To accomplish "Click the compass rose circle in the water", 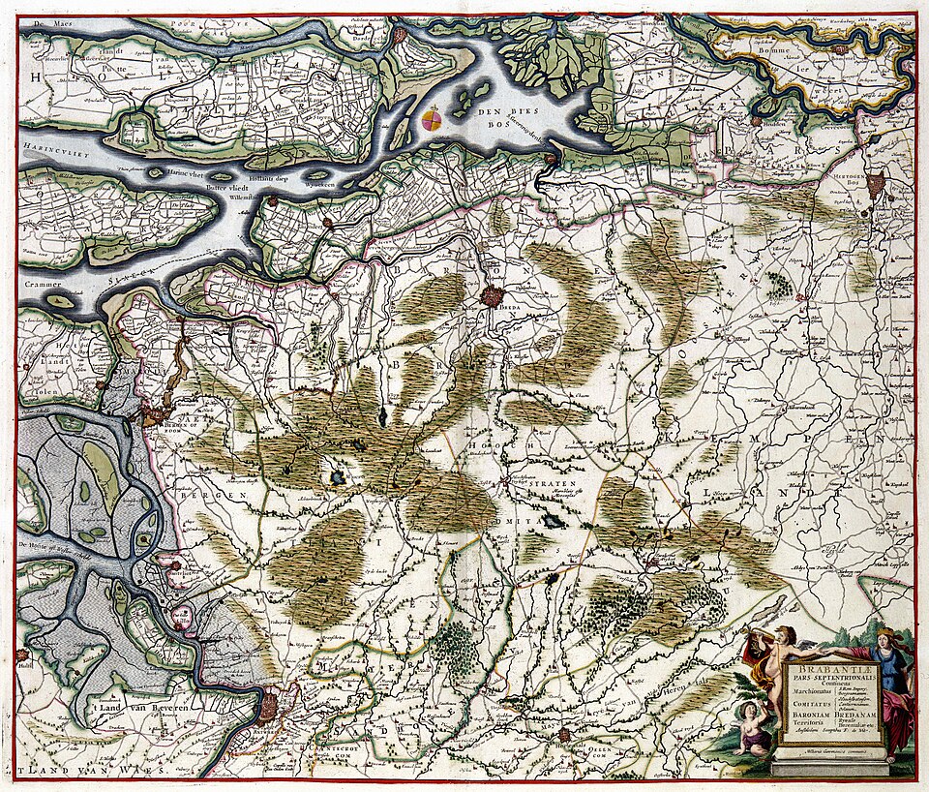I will click(433, 120).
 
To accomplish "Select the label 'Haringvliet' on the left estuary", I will click(46, 151).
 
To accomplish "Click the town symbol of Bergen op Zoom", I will click(152, 417).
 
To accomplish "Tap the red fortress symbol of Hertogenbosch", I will click(876, 183).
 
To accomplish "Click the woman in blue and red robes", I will click(890, 687).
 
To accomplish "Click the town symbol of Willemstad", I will click(273, 201).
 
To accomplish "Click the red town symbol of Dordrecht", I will click(399, 36).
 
